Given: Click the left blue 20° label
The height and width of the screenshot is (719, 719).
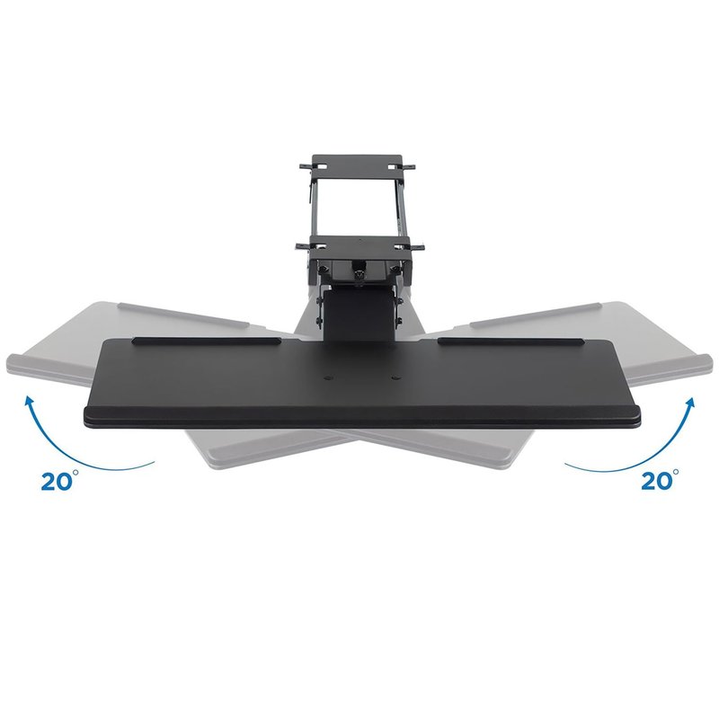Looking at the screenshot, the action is point(57,481).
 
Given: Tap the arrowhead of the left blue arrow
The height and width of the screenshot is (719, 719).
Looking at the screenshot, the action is point(30,403).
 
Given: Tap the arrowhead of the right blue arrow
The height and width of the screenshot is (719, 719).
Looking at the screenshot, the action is point(688,404).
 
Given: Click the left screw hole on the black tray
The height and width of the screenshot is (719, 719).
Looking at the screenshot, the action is point(328,378).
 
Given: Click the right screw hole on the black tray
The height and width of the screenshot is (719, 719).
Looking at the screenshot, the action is point(395,378).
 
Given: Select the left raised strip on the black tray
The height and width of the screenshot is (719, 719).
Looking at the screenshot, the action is point(207,342).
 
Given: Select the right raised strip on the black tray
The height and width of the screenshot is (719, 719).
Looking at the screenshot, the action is point(510,342).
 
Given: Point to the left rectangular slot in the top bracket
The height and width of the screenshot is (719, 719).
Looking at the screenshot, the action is point(323,167).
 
